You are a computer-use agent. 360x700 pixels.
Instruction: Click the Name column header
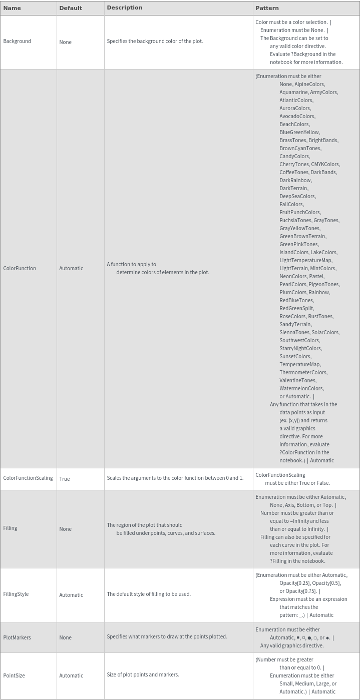tap(12, 8)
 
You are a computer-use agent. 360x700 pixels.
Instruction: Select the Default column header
tap(70, 8)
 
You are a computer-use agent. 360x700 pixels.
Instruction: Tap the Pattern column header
tap(267, 8)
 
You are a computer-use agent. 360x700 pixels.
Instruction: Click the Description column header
tap(124, 8)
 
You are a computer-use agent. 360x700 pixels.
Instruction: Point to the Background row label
tap(17, 42)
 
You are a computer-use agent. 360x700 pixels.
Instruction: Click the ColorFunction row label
tap(20, 268)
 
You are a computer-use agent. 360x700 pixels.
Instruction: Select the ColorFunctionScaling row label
tap(28, 478)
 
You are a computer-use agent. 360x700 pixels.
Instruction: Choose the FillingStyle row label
tap(16, 594)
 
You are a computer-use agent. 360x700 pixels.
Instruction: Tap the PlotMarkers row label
tap(17, 637)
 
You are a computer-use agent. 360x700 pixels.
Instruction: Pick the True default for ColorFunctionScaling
tap(65, 479)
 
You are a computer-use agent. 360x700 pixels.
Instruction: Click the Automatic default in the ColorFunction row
tap(71, 269)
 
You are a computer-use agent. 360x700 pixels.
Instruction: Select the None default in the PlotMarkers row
tap(65, 638)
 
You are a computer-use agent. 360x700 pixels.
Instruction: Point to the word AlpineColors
tap(309, 85)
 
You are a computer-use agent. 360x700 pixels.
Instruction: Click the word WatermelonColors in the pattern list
tap(301, 389)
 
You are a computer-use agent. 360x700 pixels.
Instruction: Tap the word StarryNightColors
tap(300, 349)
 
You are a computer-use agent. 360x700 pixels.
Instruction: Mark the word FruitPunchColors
tap(300, 213)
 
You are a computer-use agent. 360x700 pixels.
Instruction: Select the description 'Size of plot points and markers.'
tap(143, 675)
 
